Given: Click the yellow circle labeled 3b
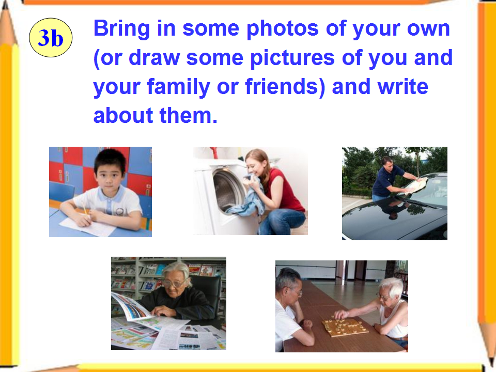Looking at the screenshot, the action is pos(51,38).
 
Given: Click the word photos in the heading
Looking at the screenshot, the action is pos(283,29).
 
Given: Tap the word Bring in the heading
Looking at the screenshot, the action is pos(122,29).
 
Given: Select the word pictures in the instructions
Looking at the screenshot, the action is pos(292,58).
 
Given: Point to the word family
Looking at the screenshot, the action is pos(179,87).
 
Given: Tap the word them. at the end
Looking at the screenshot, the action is pos(189,115).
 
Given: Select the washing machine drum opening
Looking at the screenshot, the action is pos(228,190).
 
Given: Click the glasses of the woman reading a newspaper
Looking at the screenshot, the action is pos(174,284).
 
